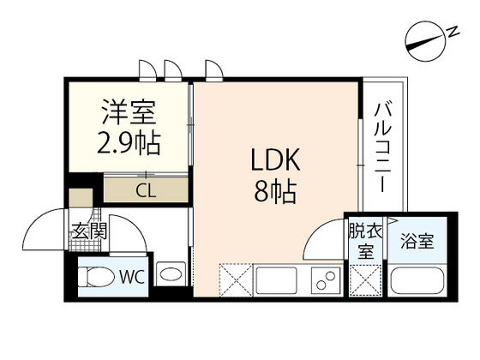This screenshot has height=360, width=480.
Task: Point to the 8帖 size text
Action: [274, 193]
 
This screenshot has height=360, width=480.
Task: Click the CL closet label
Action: [145, 190]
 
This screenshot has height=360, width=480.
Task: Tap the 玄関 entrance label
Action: [88, 231]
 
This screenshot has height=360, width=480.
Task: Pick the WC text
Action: [131, 276]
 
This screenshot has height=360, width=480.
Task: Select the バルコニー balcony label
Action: [382, 148]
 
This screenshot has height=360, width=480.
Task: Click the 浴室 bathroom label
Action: [416, 240]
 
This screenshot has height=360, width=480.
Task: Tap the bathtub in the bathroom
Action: [417, 280]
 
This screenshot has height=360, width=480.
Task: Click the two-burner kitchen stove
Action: [325, 279]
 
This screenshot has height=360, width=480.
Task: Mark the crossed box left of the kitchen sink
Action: [234, 279]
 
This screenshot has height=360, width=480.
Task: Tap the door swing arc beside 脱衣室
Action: [324, 240]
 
